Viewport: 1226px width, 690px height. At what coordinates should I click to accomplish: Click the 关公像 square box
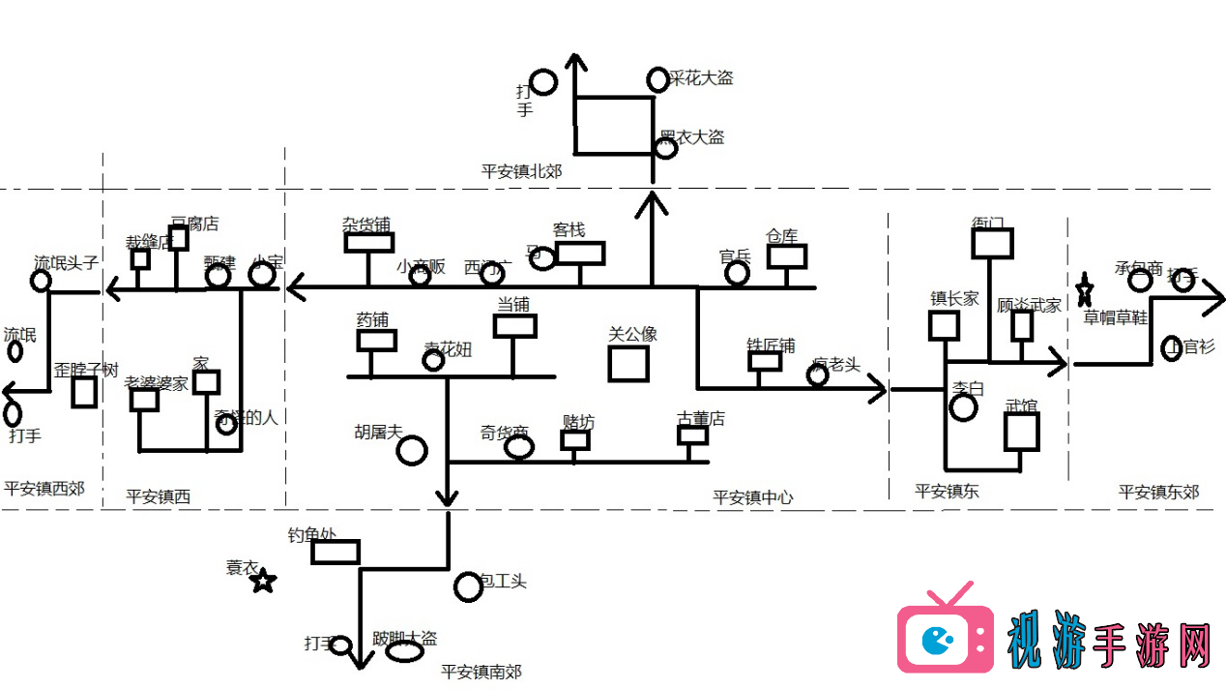[x=628, y=363]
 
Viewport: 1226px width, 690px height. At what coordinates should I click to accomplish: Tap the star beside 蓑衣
[x=264, y=581]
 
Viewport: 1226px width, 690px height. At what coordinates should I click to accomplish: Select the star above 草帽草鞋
[x=1084, y=289]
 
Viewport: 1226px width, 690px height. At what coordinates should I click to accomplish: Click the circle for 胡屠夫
[x=413, y=449]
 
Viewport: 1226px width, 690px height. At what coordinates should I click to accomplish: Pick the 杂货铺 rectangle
[x=368, y=242]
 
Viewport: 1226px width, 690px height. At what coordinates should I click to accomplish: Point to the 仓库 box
[x=787, y=256]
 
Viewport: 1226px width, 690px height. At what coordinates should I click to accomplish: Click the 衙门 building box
[x=992, y=243]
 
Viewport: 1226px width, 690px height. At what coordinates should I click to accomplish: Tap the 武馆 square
[x=1021, y=432]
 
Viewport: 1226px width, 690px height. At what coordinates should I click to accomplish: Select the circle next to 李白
[x=963, y=407]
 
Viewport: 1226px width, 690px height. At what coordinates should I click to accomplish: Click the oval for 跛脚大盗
[x=405, y=652]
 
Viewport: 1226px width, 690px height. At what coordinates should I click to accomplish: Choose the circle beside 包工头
[x=468, y=586]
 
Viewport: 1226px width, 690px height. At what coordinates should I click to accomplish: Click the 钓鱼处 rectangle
[x=336, y=552]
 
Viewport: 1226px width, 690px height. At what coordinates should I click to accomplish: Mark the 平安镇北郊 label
[x=521, y=172]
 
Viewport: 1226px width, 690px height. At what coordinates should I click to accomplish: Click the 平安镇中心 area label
[x=752, y=497]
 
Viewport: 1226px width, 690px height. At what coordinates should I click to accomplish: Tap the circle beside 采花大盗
[x=657, y=79]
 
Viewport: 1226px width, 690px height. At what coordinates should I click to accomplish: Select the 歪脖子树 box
[x=84, y=392]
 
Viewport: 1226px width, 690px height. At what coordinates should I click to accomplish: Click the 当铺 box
[x=514, y=326]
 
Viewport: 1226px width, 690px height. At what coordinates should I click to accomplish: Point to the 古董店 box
[x=692, y=435]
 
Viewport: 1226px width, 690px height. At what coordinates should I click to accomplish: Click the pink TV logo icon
[x=945, y=634]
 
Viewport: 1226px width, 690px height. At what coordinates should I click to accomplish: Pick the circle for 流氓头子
[x=41, y=281]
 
